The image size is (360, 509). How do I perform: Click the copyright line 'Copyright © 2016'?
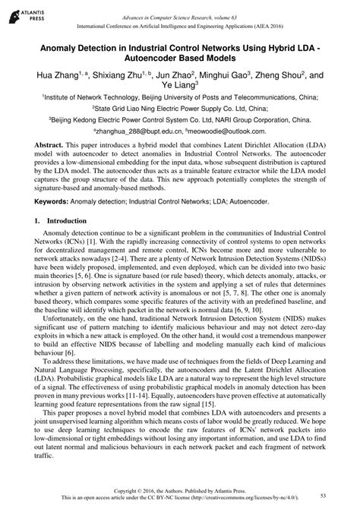click(144, 491)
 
